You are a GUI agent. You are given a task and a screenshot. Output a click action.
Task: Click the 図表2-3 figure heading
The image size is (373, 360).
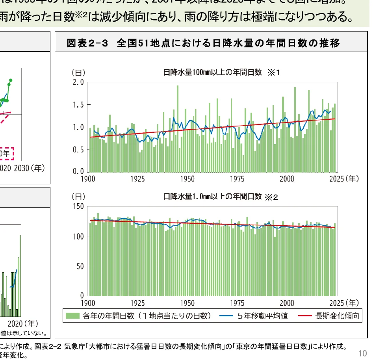203,43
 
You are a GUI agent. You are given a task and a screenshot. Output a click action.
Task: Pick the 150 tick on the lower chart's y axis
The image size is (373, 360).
78,206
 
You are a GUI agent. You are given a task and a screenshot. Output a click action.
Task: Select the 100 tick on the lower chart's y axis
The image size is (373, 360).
78,236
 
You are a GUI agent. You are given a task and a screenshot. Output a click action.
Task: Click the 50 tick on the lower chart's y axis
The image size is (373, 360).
80,266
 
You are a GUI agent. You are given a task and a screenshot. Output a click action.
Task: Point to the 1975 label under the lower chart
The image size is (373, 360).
237,303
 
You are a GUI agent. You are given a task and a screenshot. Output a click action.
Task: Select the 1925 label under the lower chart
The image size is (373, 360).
137,303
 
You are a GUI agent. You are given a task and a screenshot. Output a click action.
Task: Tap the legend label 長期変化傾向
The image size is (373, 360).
337,316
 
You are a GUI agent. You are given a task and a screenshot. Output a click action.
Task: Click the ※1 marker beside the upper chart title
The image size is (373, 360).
273,72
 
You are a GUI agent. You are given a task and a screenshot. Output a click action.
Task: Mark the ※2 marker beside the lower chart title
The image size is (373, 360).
271,197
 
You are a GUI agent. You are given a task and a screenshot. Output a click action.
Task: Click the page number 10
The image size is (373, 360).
363,353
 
